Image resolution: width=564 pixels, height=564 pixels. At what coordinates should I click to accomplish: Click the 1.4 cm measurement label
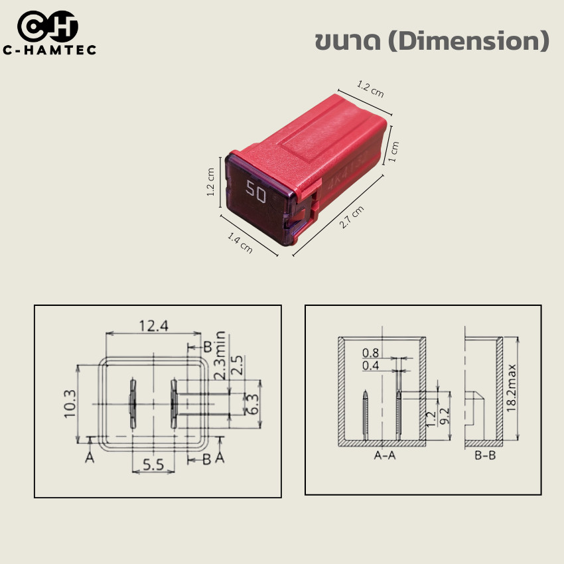pos(240,242)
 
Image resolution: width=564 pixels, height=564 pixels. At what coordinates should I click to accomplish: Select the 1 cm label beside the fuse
pos(393,151)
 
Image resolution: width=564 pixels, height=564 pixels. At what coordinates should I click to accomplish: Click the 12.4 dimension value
pos(153,326)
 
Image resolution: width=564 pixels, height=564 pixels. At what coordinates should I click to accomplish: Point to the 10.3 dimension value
pos(70,403)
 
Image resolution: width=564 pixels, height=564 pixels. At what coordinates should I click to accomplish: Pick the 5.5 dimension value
pos(153,465)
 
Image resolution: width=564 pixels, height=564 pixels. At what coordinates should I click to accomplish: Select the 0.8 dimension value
pos(371,352)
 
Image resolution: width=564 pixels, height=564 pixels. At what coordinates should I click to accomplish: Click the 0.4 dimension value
pos(371,366)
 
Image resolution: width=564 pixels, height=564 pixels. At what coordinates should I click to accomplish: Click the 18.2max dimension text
pos(512,388)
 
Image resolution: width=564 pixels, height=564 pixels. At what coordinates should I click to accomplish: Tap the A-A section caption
pos(386,456)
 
